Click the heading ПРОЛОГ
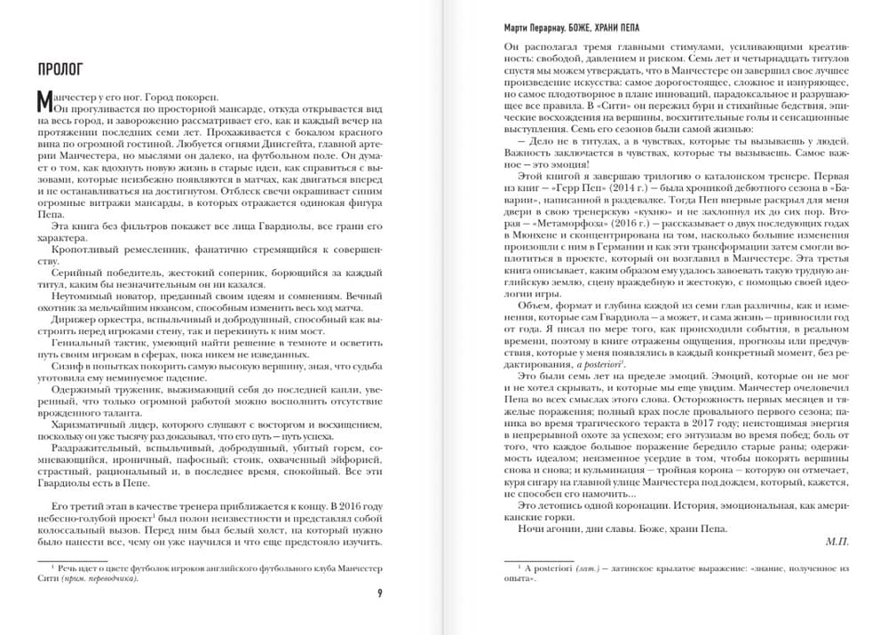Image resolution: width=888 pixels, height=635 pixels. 59,67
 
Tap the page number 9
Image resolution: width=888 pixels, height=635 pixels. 380,593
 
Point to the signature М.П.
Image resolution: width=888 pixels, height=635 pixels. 837,541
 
